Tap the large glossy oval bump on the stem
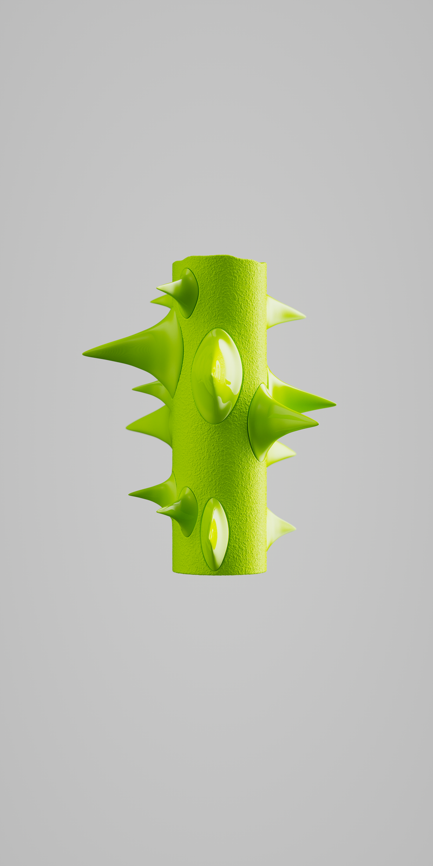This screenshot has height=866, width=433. [216, 376]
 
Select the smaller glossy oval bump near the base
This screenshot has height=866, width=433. [214, 534]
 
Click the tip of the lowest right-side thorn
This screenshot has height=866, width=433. [294, 527]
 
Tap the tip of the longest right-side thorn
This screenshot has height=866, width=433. [334, 403]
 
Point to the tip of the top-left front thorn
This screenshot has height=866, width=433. [159, 287]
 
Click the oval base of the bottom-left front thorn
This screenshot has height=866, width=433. [187, 511]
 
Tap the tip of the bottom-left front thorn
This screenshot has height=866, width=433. [159, 509]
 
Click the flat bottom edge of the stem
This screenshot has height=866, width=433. [219, 573]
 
